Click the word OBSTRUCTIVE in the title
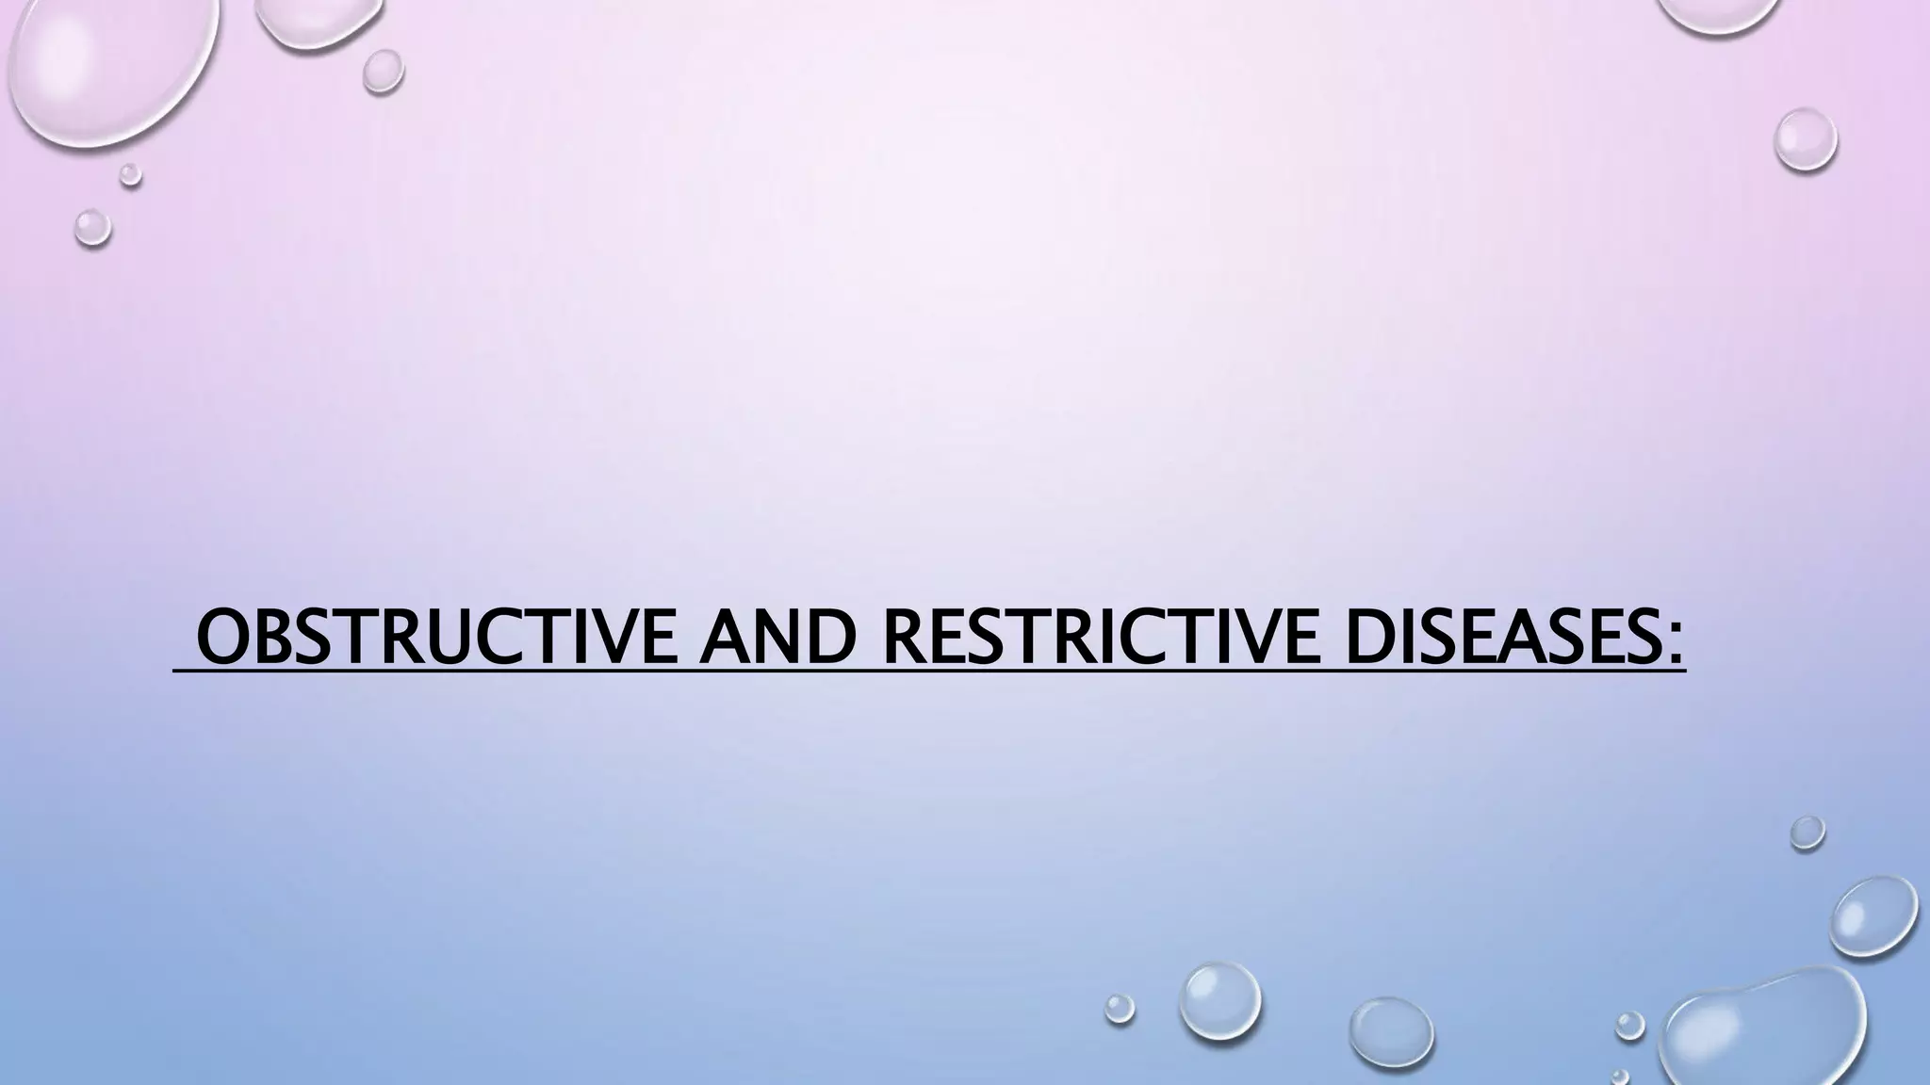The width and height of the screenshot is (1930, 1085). click(x=436, y=639)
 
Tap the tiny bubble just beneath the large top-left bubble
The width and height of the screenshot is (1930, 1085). click(x=130, y=174)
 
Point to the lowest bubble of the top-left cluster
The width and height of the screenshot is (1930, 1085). click(x=92, y=227)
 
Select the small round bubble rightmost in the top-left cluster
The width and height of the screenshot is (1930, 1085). click(x=383, y=70)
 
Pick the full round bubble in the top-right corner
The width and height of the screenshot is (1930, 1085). click(x=1805, y=139)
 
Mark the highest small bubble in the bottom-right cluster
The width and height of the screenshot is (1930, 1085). click(x=1807, y=833)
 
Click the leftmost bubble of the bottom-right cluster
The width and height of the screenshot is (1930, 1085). click(x=1120, y=1008)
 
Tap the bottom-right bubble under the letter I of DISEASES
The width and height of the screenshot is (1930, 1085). click(x=1391, y=1033)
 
